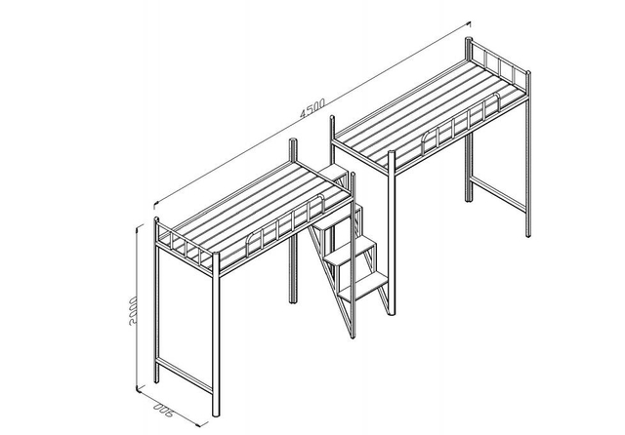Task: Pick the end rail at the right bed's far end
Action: (x=498, y=66)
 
